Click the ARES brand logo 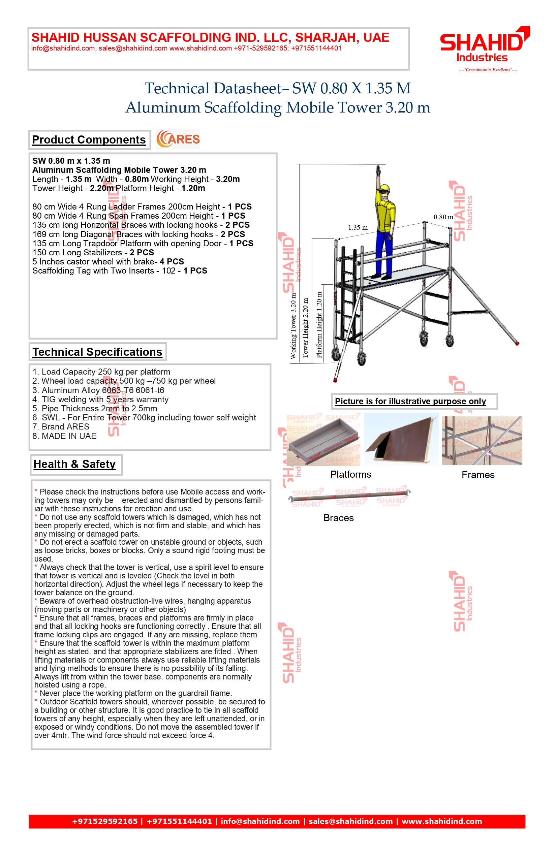click(x=178, y=139)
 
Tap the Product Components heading click(x=89, y=140)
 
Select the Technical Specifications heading click(x=97, y=352)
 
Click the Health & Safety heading click(x=75, y=464)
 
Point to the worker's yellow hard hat click(x=385, y=189)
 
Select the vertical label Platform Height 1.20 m click(x=319, y=324)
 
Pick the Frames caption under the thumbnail click(x=478, y=475)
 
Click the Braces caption click(x=338, y=518)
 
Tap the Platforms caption click(x=350, y=474)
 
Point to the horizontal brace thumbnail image click(x=349, y=497)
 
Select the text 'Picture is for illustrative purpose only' click(x=410, y=401)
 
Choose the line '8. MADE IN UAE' click(x=64, y=436)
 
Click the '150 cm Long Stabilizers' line click(x=93, y=253)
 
